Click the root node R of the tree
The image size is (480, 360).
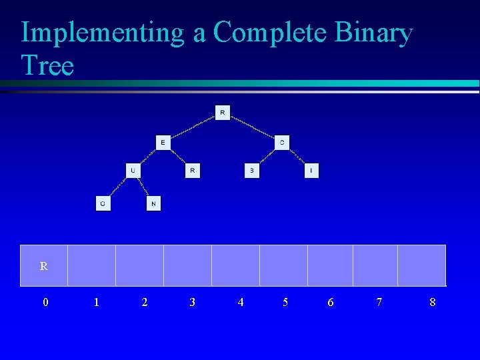click(x=222, y=112)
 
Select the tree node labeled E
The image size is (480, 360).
click(x=163, y=142)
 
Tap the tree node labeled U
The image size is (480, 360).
click(x=133, y=171)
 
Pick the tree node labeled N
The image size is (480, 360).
click(x=153, y=203)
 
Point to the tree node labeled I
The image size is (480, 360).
click(x=311, y=171)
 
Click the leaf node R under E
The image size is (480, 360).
click(x=192, y=171)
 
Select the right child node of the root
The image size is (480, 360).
click(x=282, y=142)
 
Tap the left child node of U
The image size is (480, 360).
click(x=103, y=203)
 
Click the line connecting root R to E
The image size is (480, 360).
click(x=193, y=127)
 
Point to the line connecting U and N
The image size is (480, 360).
click(x=143, y=187)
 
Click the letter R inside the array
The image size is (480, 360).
click(x=44, y=267)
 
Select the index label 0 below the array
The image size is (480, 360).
click(x=45, y=303)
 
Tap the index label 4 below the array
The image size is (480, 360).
click(x=241, y=303)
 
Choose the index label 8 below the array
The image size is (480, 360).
click(x=433, y=303)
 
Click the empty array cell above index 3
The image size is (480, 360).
click(x=187, y=265)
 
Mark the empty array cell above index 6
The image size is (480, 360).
click(x=330, y=265)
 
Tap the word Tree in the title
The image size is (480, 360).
click(x=47, y=65)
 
